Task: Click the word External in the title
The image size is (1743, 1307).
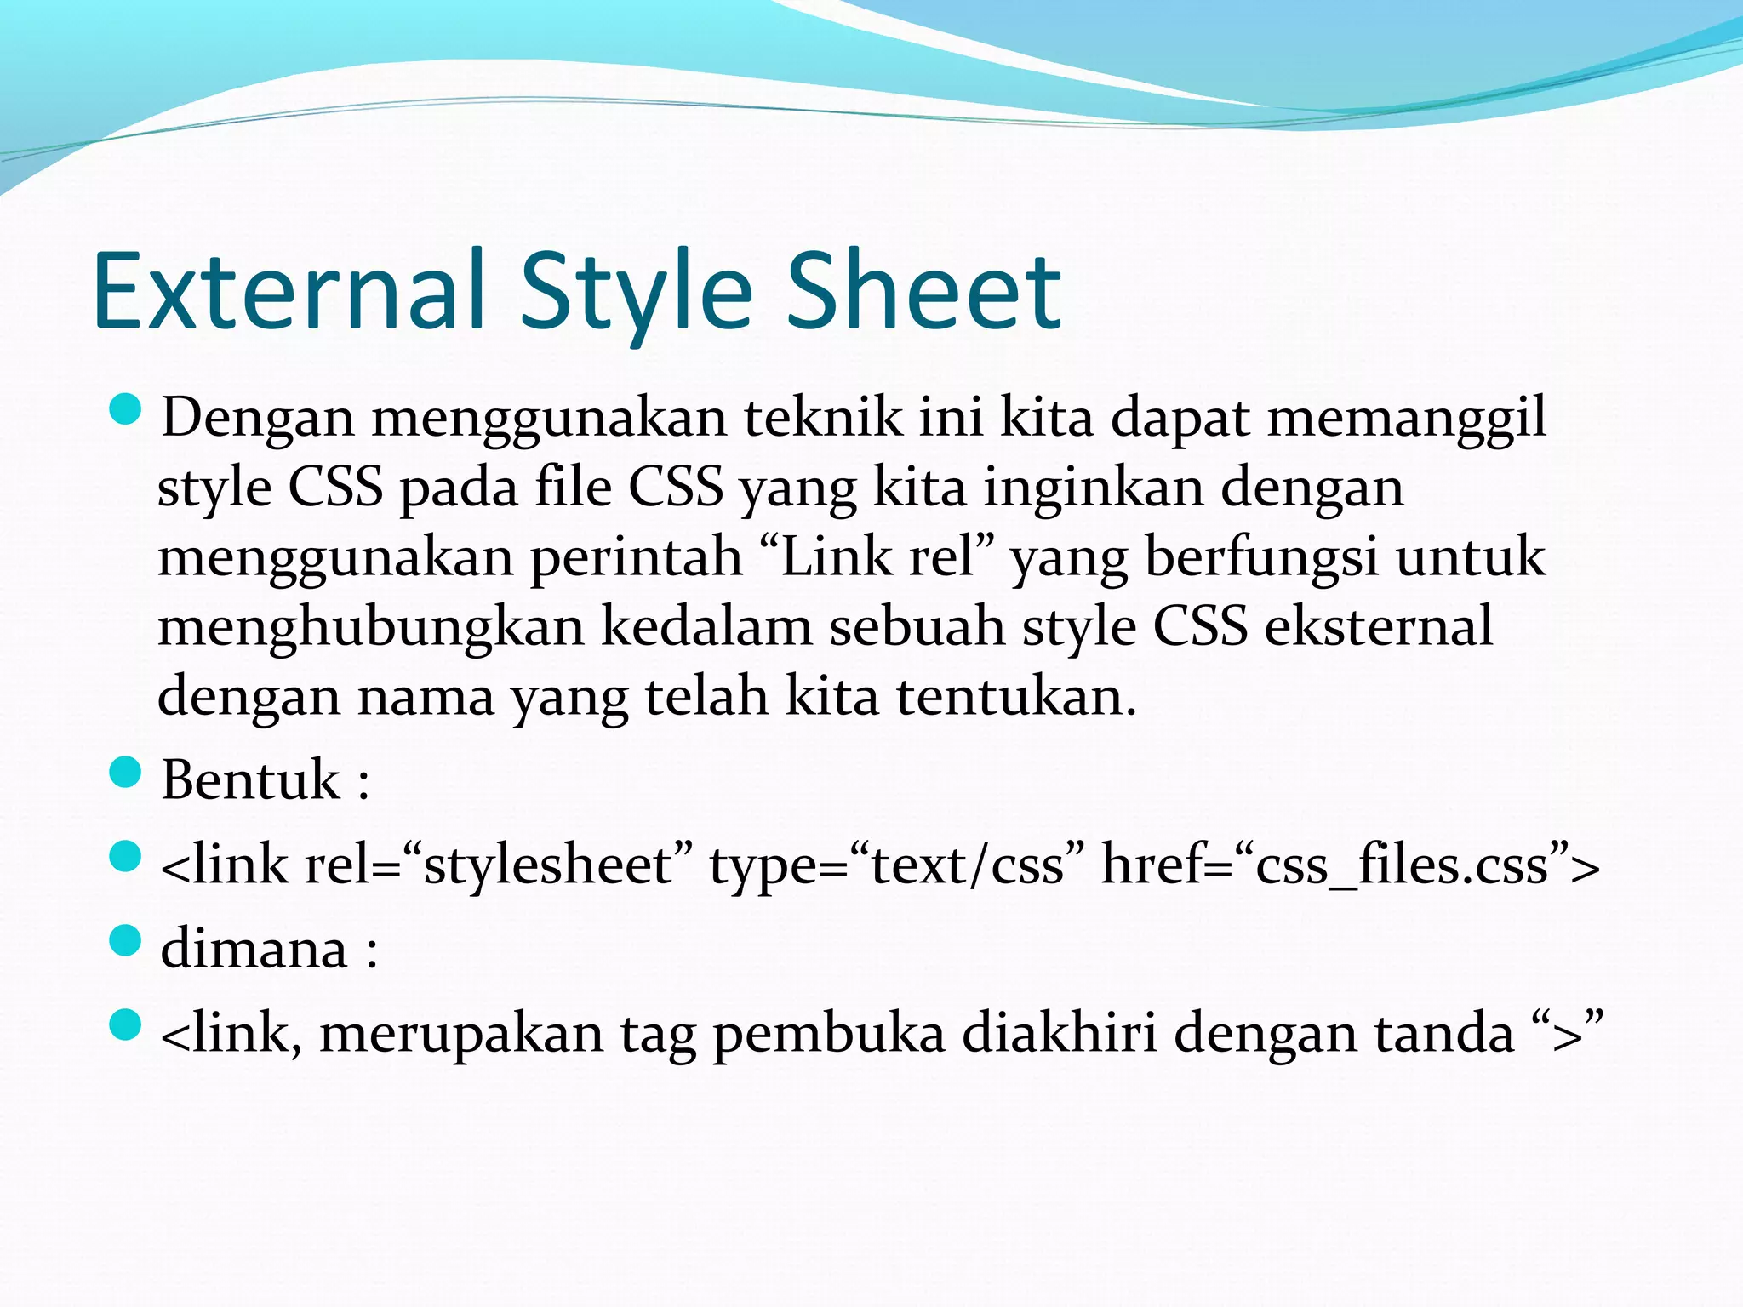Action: pyautogui.click(x=289, y=291)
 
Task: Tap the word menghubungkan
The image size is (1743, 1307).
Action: pyautogui.click(x=371, y=628)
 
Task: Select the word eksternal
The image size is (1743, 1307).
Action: pyautogui.click(x=1379, y=626)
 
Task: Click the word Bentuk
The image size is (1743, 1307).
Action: pyautogui.click(x=251, y=779)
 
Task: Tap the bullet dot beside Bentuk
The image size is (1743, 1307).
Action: pyautogui.click(x=125, y=773)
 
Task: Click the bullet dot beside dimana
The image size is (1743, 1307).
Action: pyautogui.click(x=125, y=941)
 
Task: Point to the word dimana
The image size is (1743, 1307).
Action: pyautogui.click(x=254, y=948)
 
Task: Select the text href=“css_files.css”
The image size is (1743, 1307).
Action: pyautogui.click(x=1350, y=865)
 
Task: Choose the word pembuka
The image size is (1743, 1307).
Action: pyautogui.click(x=829, y=1035)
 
